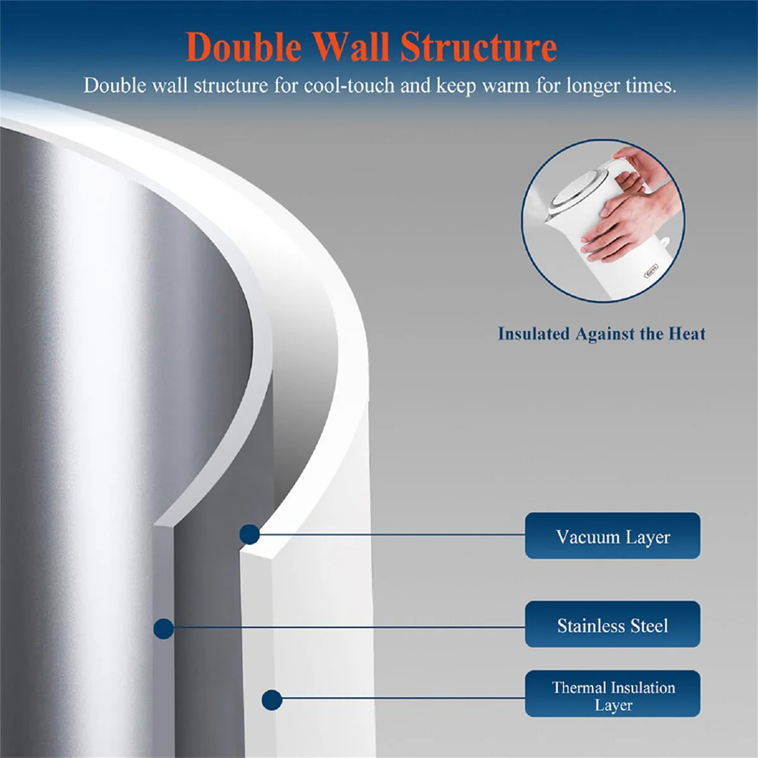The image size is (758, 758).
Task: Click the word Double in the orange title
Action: click(244, 48)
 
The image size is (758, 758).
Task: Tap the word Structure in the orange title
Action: click(478, 47)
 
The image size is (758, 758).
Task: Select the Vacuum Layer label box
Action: click(613, 536)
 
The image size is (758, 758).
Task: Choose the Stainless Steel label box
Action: click(613, 624)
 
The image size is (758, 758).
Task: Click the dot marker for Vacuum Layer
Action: click(250, 534)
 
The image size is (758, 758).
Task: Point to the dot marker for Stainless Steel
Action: click(164, 629)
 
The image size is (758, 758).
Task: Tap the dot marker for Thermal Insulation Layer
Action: click(272, 700)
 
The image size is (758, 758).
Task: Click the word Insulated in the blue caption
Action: click(534, 334)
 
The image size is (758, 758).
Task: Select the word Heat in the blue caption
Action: click(688, 334)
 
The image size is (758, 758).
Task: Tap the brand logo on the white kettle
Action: click(651, 271)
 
